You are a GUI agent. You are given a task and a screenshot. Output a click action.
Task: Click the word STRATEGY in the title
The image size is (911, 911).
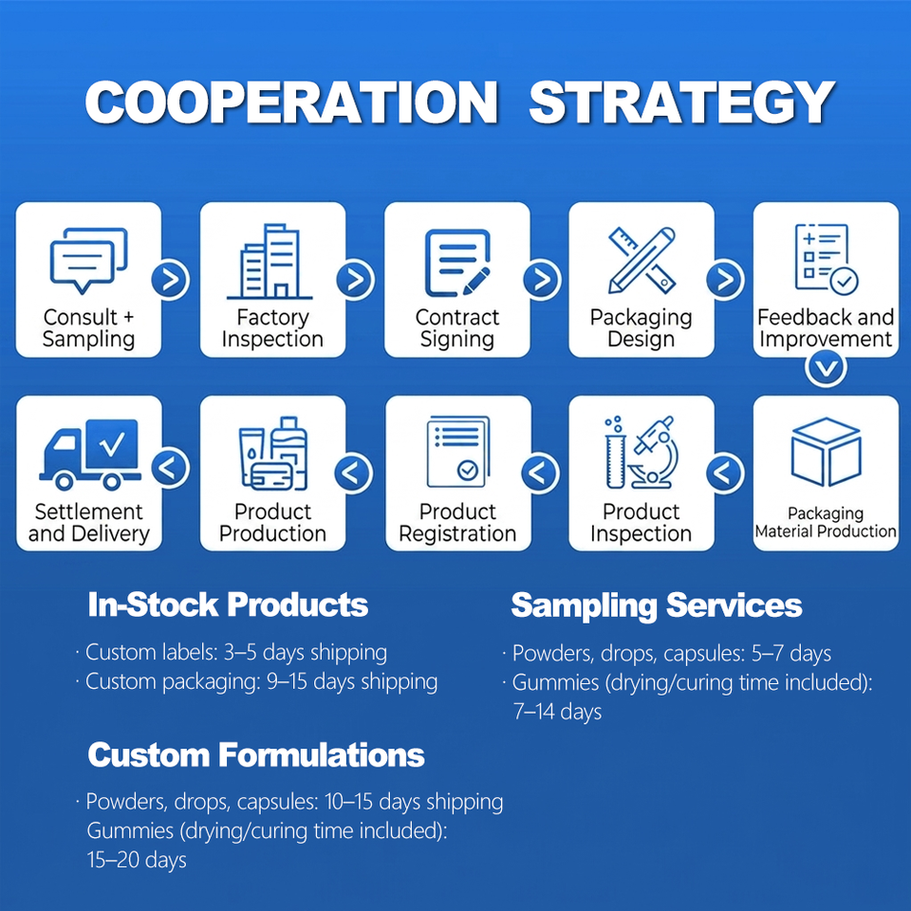pos(681,102)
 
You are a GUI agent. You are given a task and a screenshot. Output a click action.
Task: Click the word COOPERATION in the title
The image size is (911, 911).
pos(291,102)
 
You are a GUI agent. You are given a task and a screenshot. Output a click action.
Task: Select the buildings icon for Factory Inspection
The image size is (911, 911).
pos(270,262)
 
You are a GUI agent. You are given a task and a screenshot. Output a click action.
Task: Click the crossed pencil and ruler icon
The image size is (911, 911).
pos(642,260)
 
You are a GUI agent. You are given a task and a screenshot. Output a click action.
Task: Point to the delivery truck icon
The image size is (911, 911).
pos(90,454)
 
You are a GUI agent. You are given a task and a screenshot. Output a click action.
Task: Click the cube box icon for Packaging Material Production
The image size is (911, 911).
pos(826,452)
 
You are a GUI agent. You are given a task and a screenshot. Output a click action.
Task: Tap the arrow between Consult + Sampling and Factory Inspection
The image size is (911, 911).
pos(171,280)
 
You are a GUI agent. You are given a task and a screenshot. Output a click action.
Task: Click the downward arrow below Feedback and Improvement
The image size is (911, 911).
pos(827,368)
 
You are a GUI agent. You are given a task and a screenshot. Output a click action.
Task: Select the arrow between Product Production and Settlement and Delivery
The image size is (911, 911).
pos(171,468)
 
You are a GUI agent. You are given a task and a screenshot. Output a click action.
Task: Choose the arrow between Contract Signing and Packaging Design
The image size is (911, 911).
pos(542,279)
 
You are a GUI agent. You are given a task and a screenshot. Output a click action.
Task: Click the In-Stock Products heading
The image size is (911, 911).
pos(228,604)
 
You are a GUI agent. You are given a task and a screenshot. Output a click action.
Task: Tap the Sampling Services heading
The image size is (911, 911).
pos(657,605)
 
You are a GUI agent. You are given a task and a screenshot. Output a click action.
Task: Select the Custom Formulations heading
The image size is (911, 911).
pos(256,754)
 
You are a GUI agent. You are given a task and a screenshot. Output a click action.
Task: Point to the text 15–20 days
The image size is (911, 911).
pos(137,860)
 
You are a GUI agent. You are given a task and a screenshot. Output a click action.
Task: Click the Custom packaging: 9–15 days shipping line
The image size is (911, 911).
pos(256,682)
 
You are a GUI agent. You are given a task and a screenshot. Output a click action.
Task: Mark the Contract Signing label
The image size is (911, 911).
pos(457,328)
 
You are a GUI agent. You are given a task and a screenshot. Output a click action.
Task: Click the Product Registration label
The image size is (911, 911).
pos(457,523)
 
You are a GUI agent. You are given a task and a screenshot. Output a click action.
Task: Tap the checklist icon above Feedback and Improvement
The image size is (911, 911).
pos(826,258)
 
